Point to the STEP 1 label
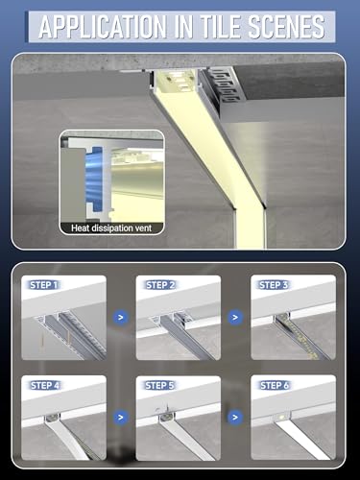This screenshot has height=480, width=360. [x=44, y=285]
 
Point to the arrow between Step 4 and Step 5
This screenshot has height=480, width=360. [x=120, y=418]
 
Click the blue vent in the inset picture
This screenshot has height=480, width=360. [x=88, y=178]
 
